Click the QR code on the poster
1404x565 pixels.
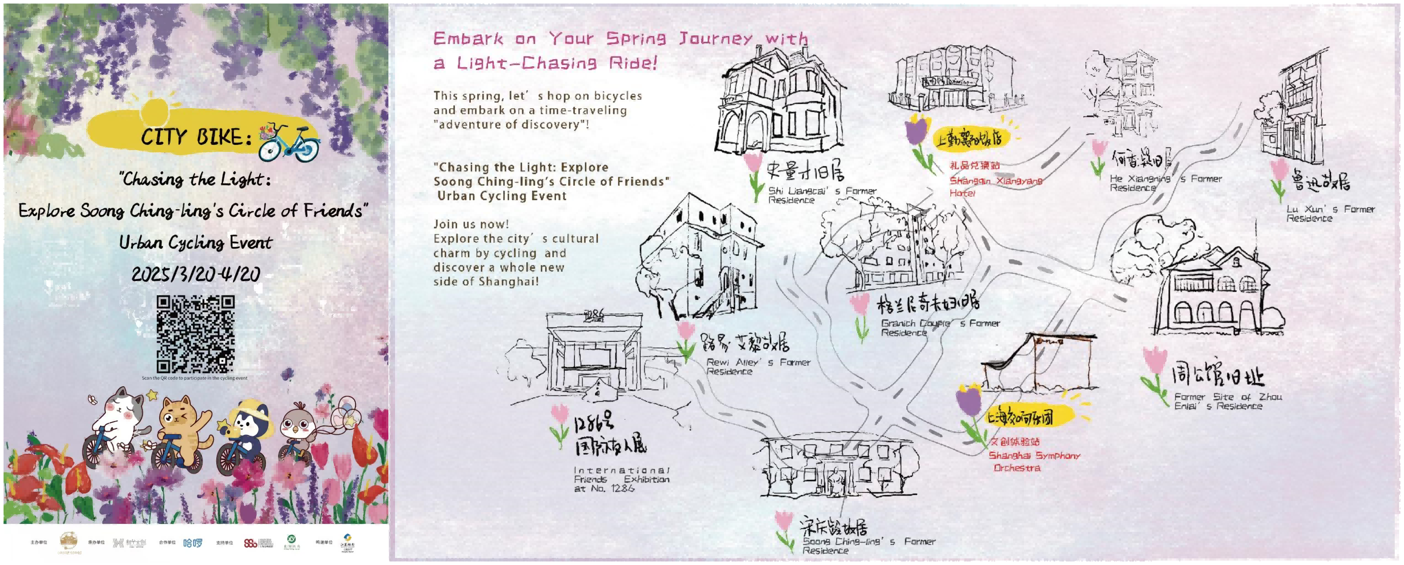pos(195,334)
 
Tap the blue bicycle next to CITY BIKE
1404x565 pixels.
pos(289,143)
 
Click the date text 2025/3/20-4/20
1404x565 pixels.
pos(196,274)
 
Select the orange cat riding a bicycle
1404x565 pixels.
pos(181,430)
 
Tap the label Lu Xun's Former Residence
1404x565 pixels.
pos(1330,213)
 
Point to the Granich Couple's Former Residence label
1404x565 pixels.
pos(940,328)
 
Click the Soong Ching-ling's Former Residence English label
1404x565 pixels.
pos(868,546)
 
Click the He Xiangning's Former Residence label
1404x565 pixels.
pos(1165,183)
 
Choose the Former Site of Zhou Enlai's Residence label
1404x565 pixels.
pos(1227,401)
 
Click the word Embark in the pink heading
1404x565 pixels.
pos(468,39)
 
